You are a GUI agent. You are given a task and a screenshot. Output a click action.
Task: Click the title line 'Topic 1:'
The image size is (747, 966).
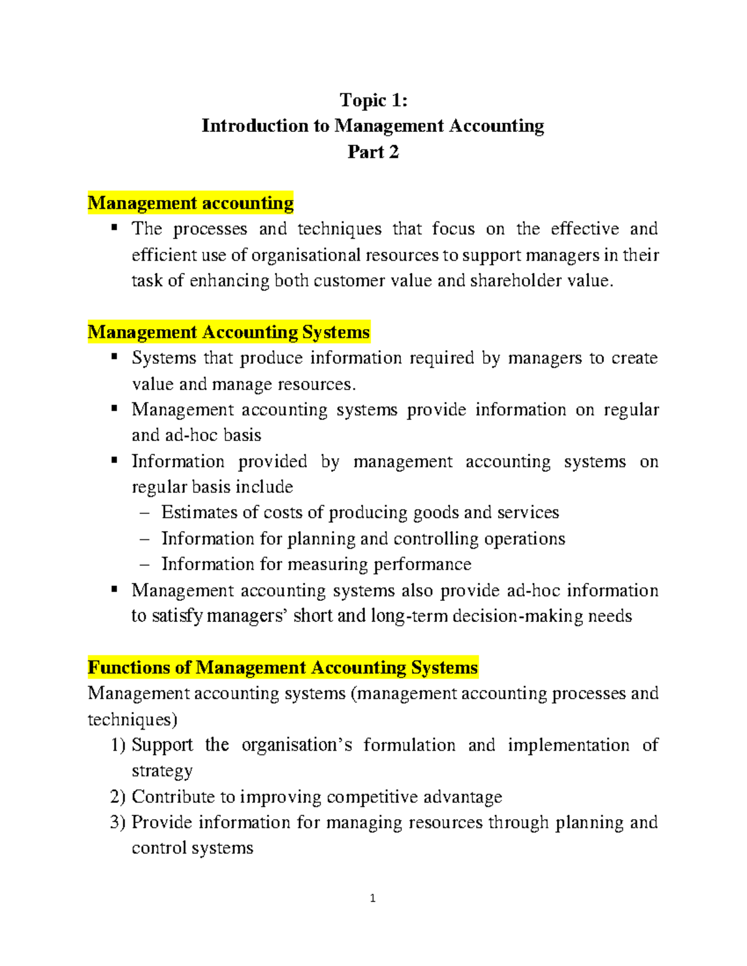tap(374, 100)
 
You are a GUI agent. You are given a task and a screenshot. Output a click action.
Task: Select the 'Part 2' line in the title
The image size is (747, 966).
tap(373, 152)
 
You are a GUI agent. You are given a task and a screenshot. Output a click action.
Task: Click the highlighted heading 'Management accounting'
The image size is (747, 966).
tap(190, 203)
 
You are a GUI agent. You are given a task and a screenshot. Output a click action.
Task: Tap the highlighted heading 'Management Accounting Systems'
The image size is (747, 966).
tap(228, 332)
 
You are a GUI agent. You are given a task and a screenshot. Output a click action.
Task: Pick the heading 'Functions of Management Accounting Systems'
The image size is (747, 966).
tap(283, 667)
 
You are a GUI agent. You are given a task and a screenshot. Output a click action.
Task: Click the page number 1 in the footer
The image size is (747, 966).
tap(372, 898)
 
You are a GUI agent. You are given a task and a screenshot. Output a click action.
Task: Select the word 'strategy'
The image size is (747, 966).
tap(162, 771)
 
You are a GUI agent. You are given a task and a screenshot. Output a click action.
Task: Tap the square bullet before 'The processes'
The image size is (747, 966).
tap(115, 228)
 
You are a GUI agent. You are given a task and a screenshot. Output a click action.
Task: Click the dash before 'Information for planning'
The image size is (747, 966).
tap(145, 539)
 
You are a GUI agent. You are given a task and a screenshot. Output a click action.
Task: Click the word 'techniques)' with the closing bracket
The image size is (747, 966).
tap(132, 720)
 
